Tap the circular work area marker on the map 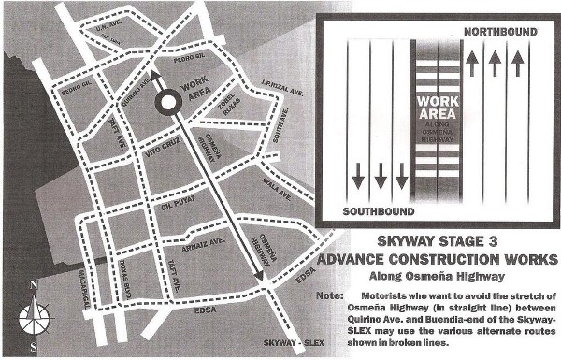click(168, 102)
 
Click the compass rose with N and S click(35, 315)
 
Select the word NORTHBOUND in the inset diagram click(499, 32)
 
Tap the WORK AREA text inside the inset click(436, 106)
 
